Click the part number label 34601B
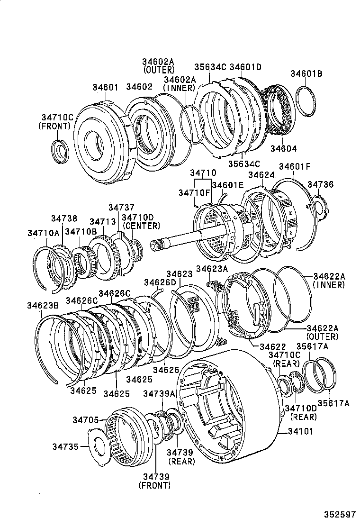306,73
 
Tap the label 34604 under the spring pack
284,148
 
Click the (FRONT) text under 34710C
54,126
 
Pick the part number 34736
321,184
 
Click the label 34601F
295,166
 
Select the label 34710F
194,192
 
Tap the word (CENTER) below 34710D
142,226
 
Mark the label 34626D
160,283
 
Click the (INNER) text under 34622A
328,285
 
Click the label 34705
85,420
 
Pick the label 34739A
159,394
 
